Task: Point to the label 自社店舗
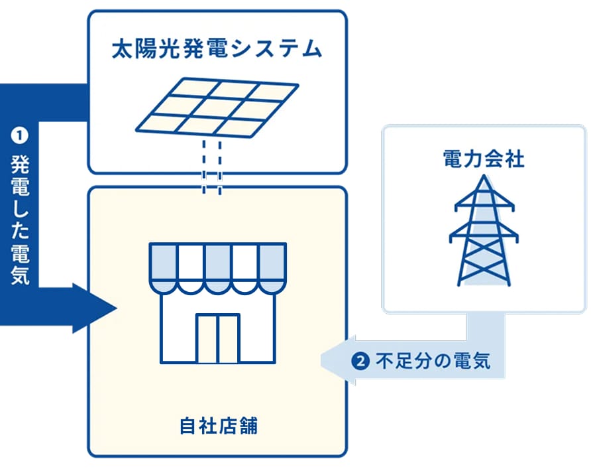click(x=218, y=426)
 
